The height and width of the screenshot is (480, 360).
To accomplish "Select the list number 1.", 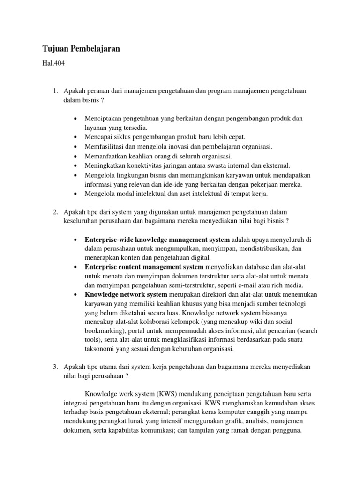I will pos(55,90).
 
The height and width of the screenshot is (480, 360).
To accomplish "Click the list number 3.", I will pos(55,366).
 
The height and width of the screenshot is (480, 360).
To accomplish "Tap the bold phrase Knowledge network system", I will pos(126,294).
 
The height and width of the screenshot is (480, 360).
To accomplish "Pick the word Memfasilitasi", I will pos(105,147).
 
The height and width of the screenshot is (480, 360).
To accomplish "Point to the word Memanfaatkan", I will pos(106,156).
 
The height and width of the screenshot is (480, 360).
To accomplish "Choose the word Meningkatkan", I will pos(105,165).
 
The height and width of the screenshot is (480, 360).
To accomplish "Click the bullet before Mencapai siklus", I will pos(75,137).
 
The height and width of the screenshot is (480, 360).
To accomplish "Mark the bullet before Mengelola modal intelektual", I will pos(75,193).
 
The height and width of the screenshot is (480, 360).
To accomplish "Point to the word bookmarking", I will pos(105,331).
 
